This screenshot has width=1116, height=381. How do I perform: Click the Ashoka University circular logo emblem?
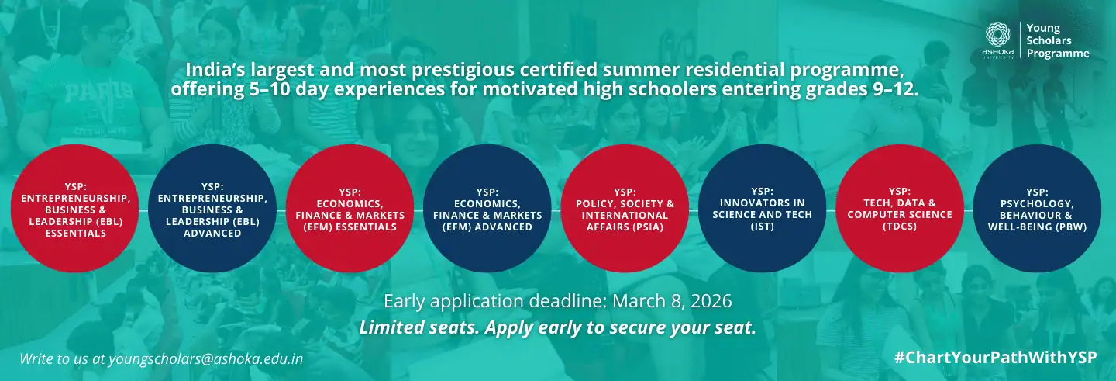997,35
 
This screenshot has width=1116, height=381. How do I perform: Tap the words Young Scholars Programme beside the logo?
1057,41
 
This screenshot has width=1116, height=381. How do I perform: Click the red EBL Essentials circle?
75,209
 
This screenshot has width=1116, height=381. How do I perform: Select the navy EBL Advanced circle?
212,209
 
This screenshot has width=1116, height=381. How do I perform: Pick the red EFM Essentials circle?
350,209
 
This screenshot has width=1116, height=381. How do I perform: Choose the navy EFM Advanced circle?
487,209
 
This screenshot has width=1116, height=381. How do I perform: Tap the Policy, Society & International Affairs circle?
625,209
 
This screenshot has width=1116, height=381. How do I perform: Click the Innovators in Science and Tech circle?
763,209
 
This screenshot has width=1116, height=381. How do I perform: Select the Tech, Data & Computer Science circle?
900,209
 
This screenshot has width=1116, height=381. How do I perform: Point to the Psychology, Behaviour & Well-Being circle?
1037,209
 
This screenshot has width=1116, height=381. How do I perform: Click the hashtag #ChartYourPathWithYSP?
995,358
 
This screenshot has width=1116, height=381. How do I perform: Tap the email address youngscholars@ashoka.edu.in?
206,359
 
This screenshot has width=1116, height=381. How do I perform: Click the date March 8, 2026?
672,301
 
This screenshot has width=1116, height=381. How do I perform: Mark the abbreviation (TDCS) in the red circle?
900,227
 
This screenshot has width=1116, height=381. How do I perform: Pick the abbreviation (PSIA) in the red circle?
625,227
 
